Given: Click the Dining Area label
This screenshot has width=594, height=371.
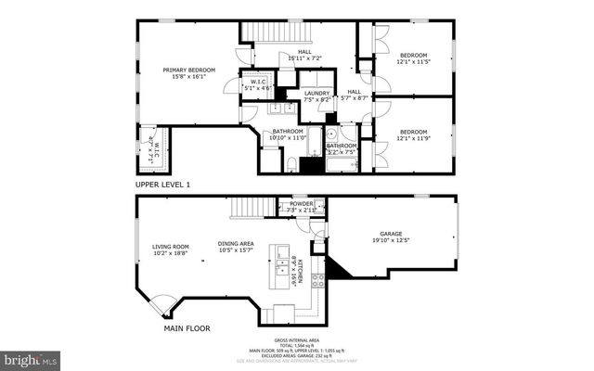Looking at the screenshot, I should [x=236, y=246].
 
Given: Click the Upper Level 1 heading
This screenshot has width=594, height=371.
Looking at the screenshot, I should [x=162, y=185].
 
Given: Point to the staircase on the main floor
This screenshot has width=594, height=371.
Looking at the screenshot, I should [x=248, y=208].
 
